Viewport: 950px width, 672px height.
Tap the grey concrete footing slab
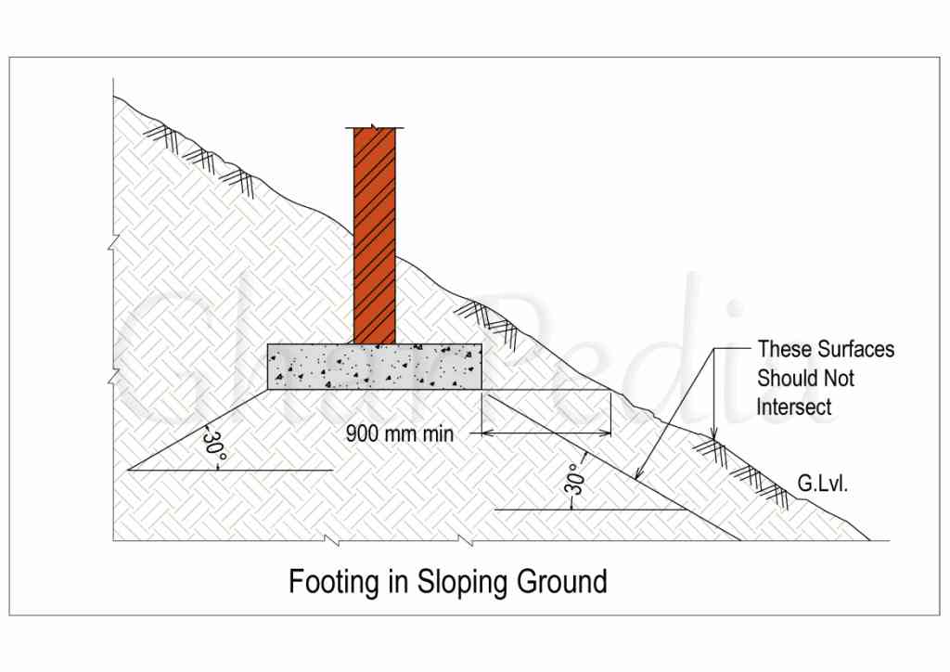coord(374,366)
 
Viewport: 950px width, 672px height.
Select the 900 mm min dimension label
coord(400,433)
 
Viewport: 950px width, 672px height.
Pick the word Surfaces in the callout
coord(855,350)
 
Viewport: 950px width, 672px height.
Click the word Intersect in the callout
coord(794,407)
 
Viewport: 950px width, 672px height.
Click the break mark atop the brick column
coord(374,127)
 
